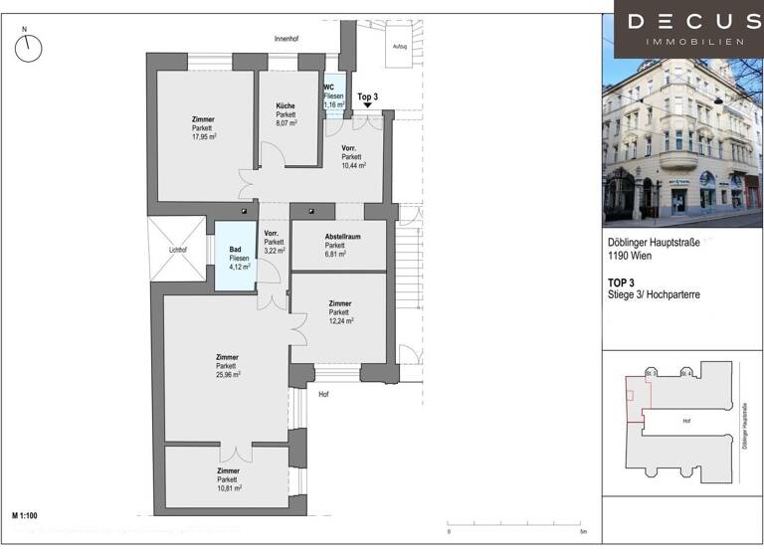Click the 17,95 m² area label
click(204, 136)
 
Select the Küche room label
click(286, 105)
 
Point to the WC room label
click(329, 87)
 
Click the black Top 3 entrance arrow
click(368, 103)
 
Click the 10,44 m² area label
click(353, 166)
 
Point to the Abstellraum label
click(336, 236)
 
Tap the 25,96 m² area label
click(228, 374)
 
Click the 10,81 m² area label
click(229, 488)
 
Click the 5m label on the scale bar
click(584, 533)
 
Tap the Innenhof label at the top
click(287, 39)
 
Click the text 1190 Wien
click(631, 258)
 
